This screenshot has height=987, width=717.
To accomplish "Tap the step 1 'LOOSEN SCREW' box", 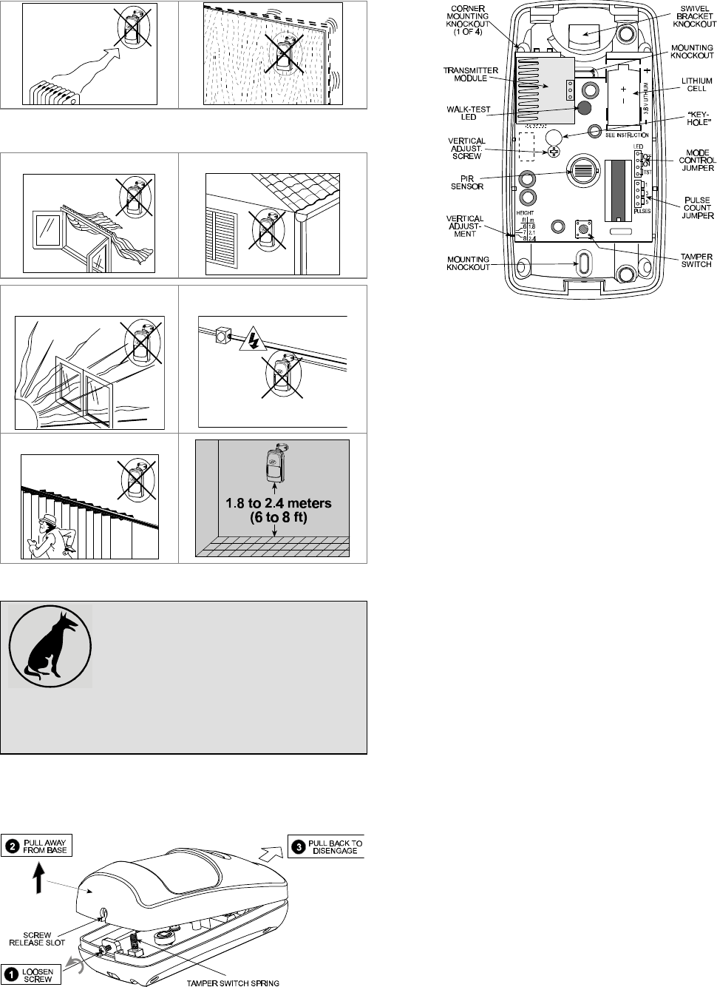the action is pyautogui.click(x=32, y=972).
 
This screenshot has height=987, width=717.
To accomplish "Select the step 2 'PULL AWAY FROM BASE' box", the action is pyautogui.click(x=37, y=845).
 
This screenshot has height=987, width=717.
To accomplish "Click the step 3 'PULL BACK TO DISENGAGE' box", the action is pyautogui.click(x=326, y=846).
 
